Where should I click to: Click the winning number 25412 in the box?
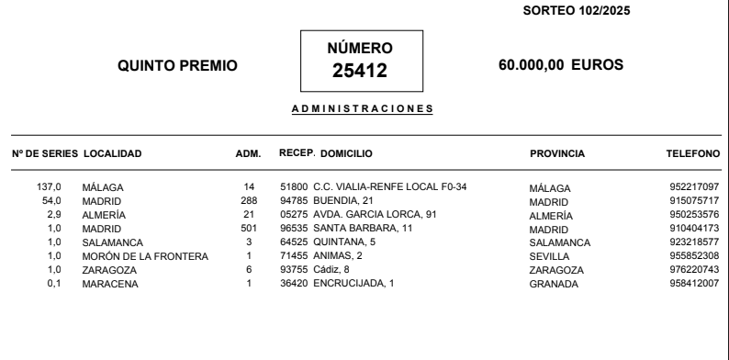coord(360,71)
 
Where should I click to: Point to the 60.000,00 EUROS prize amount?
coord(559,65)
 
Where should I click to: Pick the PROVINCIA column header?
coord(558,153)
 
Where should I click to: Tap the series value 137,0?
coord(48,187)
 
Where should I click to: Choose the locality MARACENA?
coord(107,283)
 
